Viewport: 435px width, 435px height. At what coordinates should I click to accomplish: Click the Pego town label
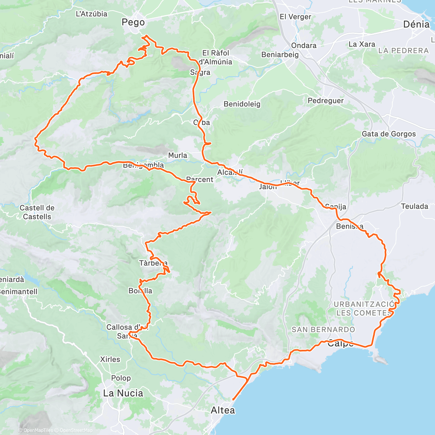(x=133, y=22)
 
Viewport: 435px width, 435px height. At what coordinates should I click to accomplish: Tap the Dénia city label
(x=416, y=24)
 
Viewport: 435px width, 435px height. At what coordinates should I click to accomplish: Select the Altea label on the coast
(x=223, y=410)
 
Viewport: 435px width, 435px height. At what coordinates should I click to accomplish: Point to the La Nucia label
(x=123, y=393)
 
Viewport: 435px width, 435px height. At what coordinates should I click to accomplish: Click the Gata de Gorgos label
(x=389, y=134)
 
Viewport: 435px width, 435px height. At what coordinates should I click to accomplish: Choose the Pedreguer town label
(x=326, y=101)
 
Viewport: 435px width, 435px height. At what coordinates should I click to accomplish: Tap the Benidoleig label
(x=242, y=104)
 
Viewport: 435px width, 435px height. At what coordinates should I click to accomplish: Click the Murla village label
(x=178, y=156)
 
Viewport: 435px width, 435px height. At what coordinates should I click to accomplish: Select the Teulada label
(x=415, y=207)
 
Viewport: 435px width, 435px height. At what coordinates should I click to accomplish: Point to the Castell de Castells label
(x=37, y=212)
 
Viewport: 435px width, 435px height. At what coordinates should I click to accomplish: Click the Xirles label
(x=110, y=360)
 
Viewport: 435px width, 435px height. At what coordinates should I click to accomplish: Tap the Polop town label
(x=121, y=378)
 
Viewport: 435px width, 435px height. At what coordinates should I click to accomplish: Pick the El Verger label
(x=295, y=17)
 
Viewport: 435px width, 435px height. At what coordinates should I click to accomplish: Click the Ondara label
(x=304, y=46)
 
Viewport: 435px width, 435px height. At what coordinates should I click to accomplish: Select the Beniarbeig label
(x=280, y=55)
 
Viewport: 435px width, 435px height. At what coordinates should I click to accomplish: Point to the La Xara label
(x=362, y=44)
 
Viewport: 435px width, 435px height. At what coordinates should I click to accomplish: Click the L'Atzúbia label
(x=91, y=14)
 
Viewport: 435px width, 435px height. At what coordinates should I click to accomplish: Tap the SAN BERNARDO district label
(x=323, y=330)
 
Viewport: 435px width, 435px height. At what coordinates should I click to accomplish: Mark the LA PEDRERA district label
(x=403, y=51)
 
